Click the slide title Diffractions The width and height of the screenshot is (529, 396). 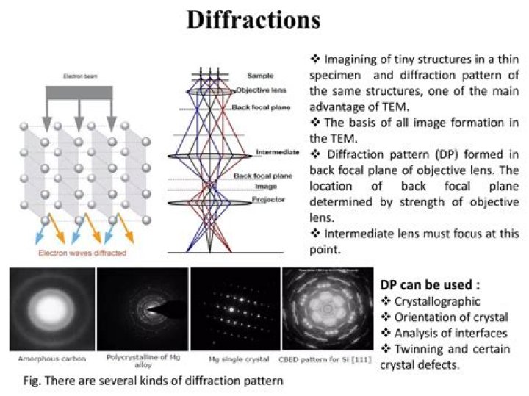pyautogui.click(x=253, y=20)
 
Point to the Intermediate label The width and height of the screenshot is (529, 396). pyautogui.click(x=277, y=152)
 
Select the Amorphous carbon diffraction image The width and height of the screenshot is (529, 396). pyautogui.click(x=51, y=309)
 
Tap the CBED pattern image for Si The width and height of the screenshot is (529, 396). pyautogui.click(x=325, y=309)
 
